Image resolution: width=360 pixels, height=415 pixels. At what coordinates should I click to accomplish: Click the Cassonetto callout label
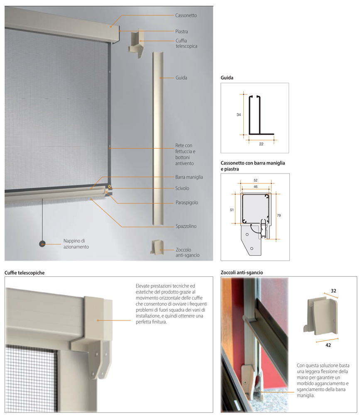click(186, 15)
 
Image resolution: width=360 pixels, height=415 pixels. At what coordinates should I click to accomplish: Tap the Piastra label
click(181, 32)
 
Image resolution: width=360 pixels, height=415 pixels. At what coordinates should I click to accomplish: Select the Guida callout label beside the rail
click(181, 78)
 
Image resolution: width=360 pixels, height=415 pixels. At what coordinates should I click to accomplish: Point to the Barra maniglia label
click(189, 177)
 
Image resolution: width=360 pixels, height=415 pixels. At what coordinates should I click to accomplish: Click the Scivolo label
click(182, 188)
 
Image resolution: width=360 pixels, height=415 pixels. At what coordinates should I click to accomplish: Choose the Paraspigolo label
click(187, 203)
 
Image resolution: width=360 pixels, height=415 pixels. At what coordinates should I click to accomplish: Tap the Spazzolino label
click(186, 226)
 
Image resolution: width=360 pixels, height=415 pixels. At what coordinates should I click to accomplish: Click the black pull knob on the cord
click(42, 244)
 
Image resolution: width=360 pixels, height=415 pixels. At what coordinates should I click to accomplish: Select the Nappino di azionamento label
click(76, 244)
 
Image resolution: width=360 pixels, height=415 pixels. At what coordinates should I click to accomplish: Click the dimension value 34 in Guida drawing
click(239, 115)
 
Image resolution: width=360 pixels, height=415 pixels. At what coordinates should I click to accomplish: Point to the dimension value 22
click(261, 144)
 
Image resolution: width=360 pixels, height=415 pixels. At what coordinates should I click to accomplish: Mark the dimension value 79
click(279, 215)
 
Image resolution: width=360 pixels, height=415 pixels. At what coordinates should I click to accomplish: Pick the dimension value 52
click(255, 180)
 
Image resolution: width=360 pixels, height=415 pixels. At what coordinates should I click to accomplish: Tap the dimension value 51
click(232, 210)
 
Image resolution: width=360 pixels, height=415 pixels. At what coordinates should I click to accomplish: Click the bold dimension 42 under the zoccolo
click(328, 345)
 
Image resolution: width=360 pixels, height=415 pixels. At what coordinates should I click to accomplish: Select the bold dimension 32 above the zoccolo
click(333, 290)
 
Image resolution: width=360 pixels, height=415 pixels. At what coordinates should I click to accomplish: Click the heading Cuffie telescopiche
click(24, 273)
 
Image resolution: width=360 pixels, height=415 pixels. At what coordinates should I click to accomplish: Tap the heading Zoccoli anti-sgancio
click(242, 273)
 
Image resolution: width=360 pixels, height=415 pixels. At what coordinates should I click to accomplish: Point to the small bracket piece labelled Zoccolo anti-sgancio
click(157, 247)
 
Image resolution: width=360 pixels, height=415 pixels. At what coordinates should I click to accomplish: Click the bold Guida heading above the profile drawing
click(227, 78)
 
